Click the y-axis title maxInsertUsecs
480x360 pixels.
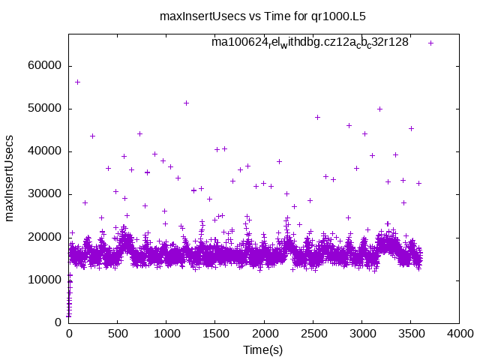10,178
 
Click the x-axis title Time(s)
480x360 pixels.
262,349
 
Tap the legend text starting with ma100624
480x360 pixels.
310,43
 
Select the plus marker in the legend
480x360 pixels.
430,43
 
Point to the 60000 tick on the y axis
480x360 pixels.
46,66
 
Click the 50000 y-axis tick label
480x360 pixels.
46,109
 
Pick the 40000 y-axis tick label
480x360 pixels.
46,151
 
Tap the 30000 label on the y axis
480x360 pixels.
46,194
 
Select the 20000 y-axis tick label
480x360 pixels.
46,237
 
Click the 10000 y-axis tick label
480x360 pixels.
46,280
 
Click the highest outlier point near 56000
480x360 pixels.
77,82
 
